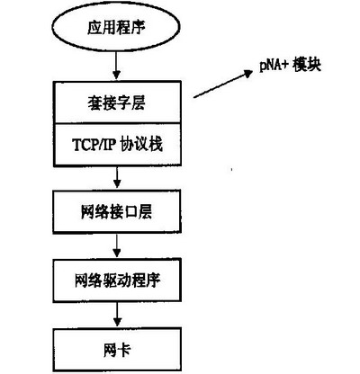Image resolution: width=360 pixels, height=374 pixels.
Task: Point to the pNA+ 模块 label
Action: (290, 66)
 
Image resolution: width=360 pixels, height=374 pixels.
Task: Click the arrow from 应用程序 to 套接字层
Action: (116, 65)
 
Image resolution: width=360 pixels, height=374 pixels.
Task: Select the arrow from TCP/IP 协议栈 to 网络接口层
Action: (117, 177)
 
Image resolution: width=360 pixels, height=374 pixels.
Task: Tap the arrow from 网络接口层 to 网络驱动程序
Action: (117, 245)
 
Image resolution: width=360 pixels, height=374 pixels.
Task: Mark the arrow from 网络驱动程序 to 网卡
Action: (117, 315)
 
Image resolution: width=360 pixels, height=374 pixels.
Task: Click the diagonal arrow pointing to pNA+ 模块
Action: (223, 84)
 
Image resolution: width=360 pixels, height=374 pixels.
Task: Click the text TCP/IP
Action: (94, 145)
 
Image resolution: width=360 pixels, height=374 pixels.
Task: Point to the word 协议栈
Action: (141, 145)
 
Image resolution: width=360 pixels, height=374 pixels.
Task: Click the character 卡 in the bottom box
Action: (123, 350)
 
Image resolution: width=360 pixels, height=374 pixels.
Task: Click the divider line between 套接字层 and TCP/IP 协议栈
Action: (117, 123)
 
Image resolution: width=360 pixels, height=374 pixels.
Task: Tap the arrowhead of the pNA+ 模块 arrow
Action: (249, 73)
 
